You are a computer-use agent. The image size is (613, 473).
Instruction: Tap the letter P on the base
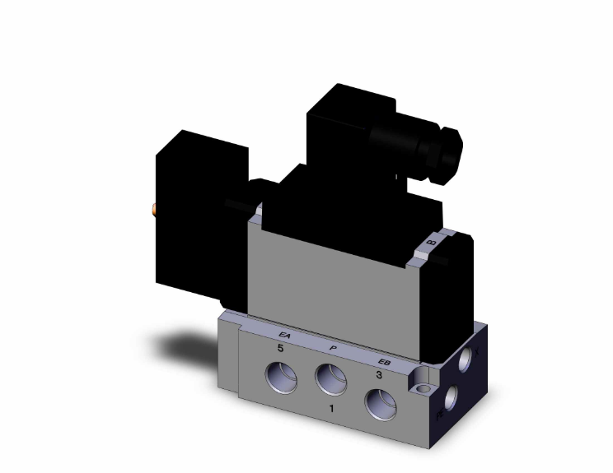(332, 348)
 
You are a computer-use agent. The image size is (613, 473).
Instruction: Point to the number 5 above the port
(280, 350)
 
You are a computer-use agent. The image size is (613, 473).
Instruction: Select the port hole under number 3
(379, 404)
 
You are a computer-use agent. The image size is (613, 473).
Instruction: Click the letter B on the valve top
(431, 243)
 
